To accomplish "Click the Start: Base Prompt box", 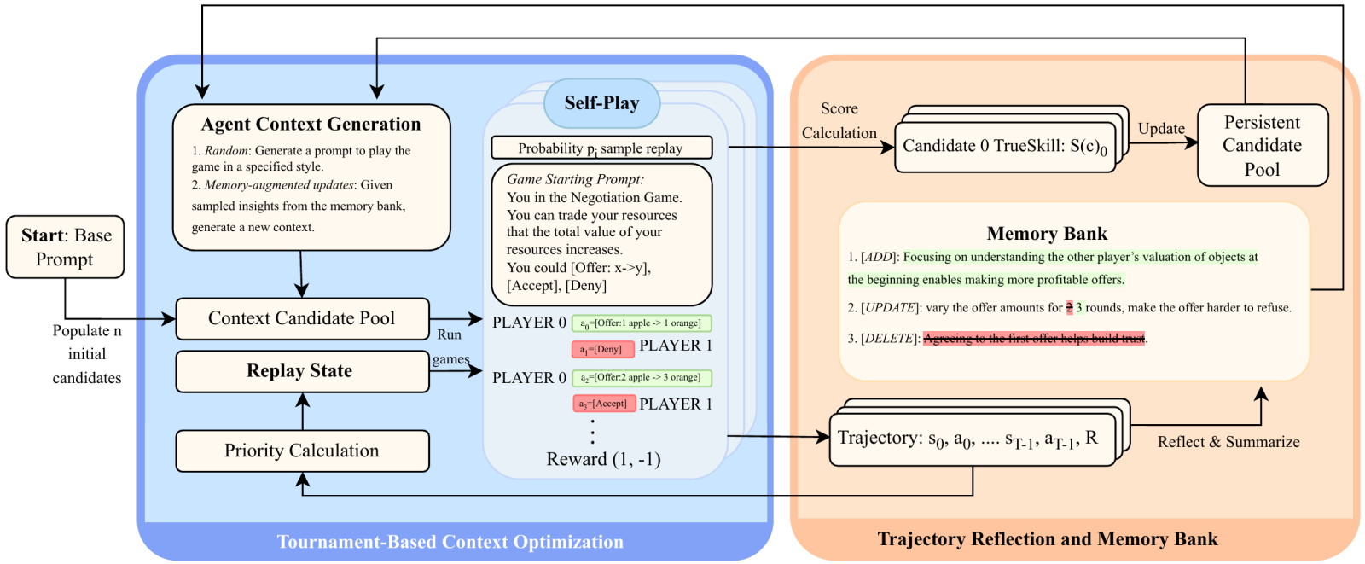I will [66, 247].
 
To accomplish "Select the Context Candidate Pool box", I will [302, 318].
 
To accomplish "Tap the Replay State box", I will [302, 371].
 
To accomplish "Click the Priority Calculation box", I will [302, 451].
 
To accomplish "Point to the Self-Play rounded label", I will [601, 103].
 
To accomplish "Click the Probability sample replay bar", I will [601, 148].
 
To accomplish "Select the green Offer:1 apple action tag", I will [641, 323].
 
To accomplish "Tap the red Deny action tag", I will [602, 349].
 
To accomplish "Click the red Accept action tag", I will [604, 404].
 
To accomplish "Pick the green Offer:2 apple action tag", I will [641, 377].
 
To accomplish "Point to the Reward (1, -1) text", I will [603, 459].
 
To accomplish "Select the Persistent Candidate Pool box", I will [1262, 145].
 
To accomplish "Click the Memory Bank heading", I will [1047, 234].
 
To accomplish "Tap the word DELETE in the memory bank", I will [890, 339].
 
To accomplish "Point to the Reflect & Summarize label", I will [1228, 442].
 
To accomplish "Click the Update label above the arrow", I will [1161, 129].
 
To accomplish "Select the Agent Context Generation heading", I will [311, 125].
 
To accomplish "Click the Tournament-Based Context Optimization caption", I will [450, 542].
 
